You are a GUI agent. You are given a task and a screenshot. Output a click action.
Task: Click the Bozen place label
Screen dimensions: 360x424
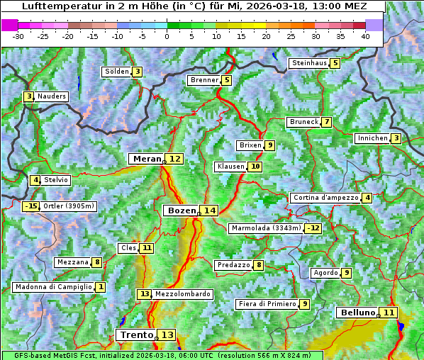pyautogui.click(x=180, y=210)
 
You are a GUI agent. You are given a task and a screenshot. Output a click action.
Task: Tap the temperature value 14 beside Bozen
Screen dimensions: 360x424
pyautogui.click(x=209, y=210)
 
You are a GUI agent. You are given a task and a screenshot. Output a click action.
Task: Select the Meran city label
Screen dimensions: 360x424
pyautogui.click(x=147, y=159)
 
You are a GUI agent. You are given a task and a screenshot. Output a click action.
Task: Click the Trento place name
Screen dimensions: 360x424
pyautogui.click(x=137, y=334)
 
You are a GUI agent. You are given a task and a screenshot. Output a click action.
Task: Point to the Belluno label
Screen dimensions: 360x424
pyautogui.click(x=357, y=313)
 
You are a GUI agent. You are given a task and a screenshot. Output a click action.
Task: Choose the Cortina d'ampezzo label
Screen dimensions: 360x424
pyautogui.click(x=325, y=198)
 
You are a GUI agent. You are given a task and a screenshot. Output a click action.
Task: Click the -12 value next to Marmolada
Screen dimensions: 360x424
pyautogui.click(x=313, y=228)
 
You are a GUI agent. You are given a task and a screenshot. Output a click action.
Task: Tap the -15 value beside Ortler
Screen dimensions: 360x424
pyautogui.click(x=30, y=206)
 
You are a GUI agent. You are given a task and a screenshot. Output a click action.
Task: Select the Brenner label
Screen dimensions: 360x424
pyautogui.click(x=204, y=80)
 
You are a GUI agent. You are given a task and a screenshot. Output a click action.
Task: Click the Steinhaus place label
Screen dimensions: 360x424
pyautogui.click(x=309, y=63)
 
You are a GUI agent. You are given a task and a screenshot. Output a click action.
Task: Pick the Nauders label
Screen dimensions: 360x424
pyautogui.click(x=51, y=96)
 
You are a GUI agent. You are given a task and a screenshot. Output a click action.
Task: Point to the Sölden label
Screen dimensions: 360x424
pyautogui.click(x=117, y=72)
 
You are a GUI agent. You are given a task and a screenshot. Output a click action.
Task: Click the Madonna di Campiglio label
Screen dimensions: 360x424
pyautogui.click(x=53, y=287)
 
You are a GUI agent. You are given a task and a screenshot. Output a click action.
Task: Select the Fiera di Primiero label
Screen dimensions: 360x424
pyautogui.click(x=267, y=304)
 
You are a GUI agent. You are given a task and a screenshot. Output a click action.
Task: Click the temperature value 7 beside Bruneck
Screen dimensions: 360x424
pyautogui.click(x=326, y=122)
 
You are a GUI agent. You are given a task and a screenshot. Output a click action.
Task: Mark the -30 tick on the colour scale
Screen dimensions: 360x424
pyautogui.click(x=18, y=36)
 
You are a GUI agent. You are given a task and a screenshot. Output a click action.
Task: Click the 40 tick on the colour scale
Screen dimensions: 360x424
pyautogui.click(x=365, y=36)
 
